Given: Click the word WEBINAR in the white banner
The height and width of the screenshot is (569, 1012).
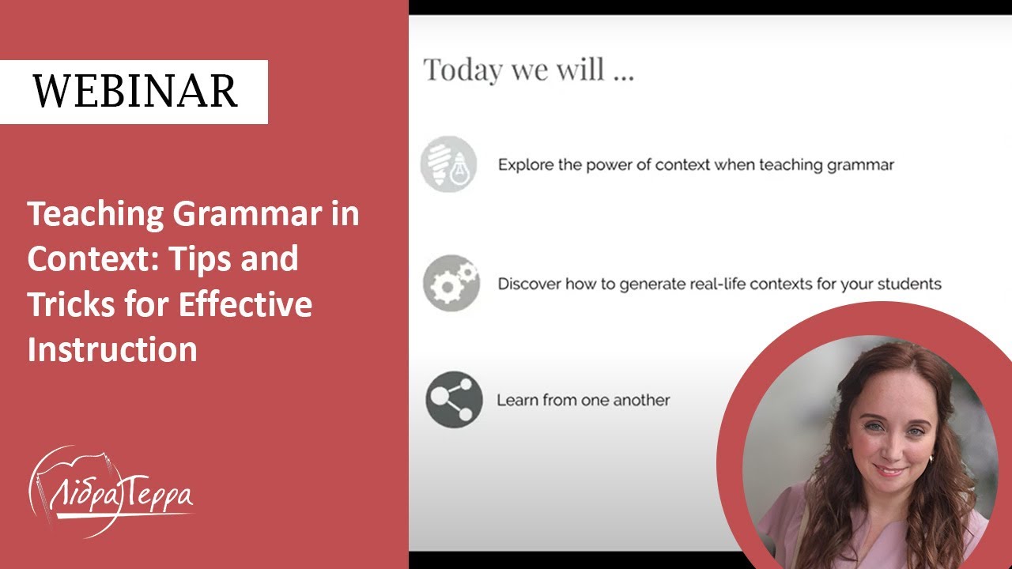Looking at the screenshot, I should (134, 92).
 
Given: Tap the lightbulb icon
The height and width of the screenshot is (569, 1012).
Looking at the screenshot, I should (448, 164).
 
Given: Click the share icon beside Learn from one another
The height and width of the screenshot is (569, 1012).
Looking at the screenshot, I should (454, 400).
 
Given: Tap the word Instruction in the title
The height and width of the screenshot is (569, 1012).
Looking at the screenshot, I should (112, 349).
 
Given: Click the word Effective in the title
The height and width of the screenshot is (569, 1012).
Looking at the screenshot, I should (245, 304).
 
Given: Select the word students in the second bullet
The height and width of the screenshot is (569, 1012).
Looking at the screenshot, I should (912, 284).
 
